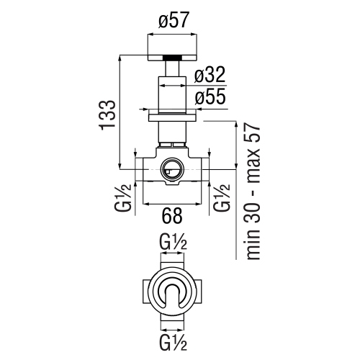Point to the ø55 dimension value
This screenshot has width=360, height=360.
tap(210, 97)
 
